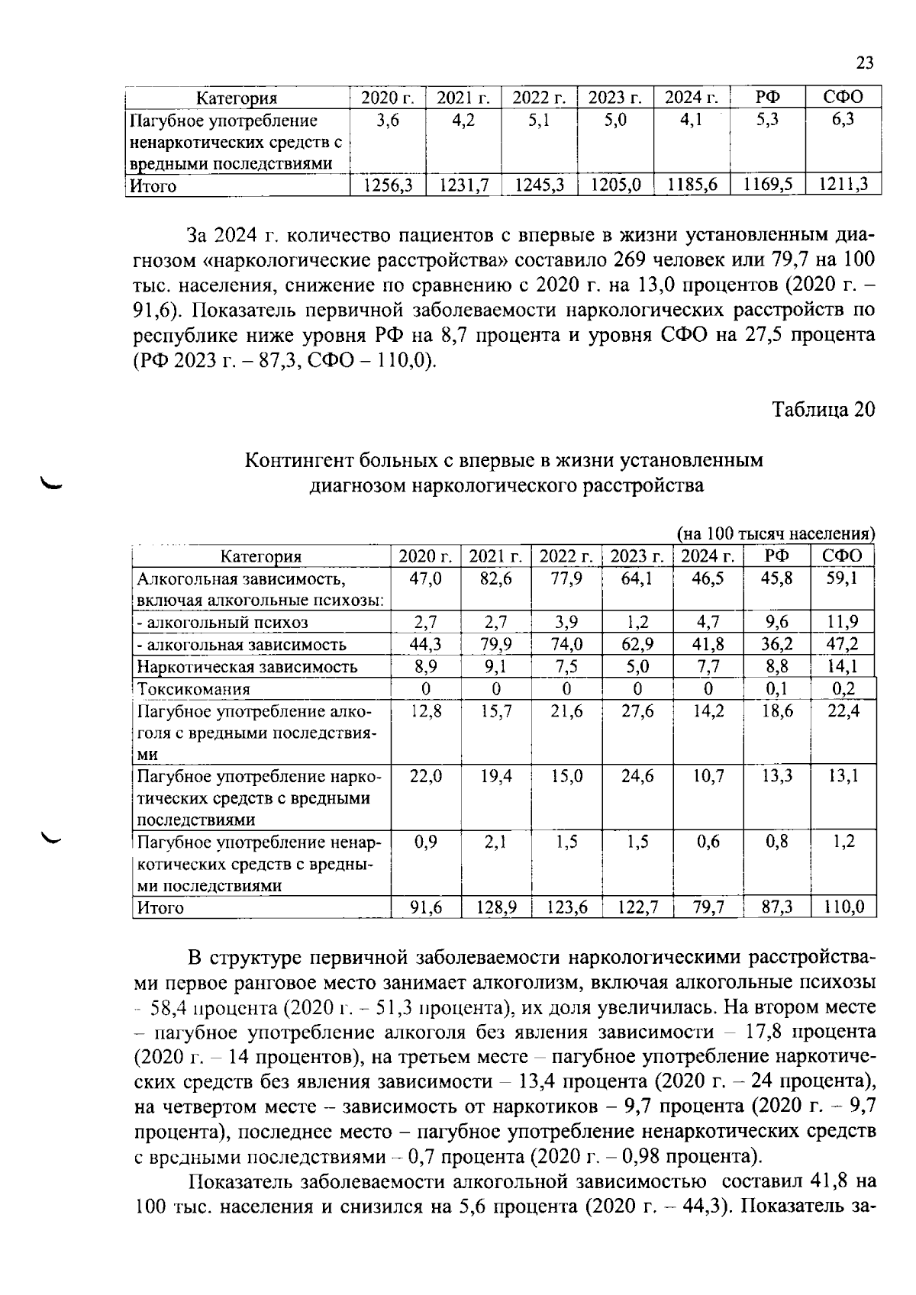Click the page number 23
(x=864, y=63)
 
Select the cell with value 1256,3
(x=388, y=185)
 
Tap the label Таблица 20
(x=823, y=410)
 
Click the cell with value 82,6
(x=496, y=578)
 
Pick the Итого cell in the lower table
(x=160, y=907)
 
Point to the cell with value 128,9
(x=496, y=907)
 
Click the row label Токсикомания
(x=193, y=688)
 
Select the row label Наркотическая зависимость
(x=247, y=666)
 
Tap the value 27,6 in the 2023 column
(x=637, y=710)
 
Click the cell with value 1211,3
(x=843, y=185)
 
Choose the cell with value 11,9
(x=843, y=622)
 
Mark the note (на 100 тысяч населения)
(x=776, y=533)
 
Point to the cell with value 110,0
(x=843, y=907)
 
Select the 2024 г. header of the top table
(x=692, y=98)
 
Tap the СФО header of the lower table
(x=843, y=556)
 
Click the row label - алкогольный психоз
(x=222, y=622)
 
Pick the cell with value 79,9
(x=496, y=644)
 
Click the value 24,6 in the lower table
(x=637, y=776)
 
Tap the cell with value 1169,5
(x=767, y=185)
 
